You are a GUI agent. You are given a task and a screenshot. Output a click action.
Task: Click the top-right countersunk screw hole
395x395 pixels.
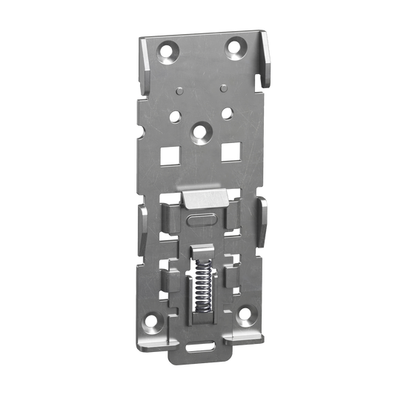coord(236,49)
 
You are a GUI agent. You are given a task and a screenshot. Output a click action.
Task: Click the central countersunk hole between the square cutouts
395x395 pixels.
coord(197,129)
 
